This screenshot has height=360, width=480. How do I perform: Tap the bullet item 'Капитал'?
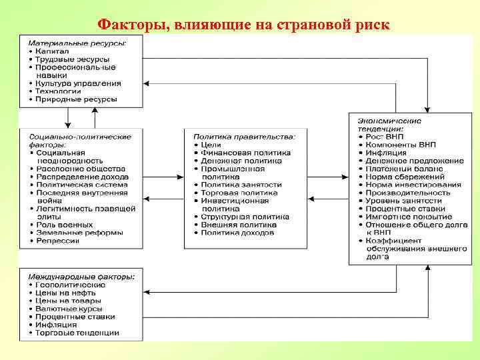[53, 51]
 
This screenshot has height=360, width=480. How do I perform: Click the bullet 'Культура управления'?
[79, 83]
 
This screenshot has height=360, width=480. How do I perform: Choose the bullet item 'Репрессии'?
[58, 241]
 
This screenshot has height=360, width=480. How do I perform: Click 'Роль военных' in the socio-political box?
[65, 225]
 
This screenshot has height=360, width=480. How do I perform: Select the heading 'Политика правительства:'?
[245, 137]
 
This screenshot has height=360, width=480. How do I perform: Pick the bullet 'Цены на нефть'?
[66, 293]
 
